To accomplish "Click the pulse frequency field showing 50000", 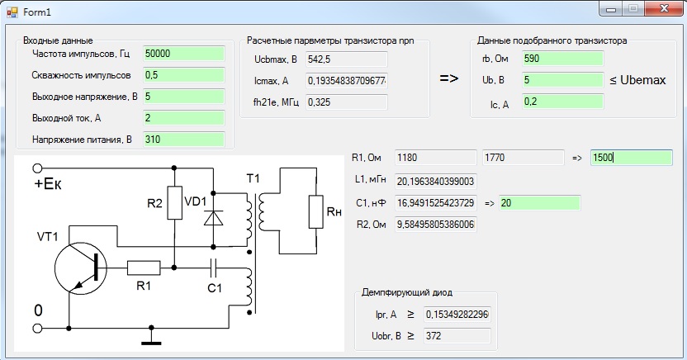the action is coord(183,54).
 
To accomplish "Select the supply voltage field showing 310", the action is coord(183,140).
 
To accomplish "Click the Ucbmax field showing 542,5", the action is coord(347,59).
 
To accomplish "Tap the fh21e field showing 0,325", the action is coord(347,102).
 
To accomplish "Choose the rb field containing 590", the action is coord(562,59).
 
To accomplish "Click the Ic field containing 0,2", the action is coord(562,102).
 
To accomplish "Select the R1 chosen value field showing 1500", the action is coord(632,158).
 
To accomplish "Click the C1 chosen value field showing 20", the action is coord(540,203).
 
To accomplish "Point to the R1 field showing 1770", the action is coord(524,158).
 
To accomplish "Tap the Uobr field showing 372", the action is coord(457,336).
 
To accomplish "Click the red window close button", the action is coord(664,8).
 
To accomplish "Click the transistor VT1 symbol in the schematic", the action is coord(81,269).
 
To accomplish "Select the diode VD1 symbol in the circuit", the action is coord(213,218).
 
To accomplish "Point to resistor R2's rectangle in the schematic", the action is coord(174,203).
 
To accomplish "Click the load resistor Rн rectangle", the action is coord(316,212).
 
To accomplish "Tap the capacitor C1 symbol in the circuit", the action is coord(213,268).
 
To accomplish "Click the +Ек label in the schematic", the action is coord(48,184).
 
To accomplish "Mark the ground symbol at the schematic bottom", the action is coord(151,338).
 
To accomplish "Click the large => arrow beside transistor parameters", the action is coord(449,78).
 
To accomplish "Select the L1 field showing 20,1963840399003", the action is coord(435,182).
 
